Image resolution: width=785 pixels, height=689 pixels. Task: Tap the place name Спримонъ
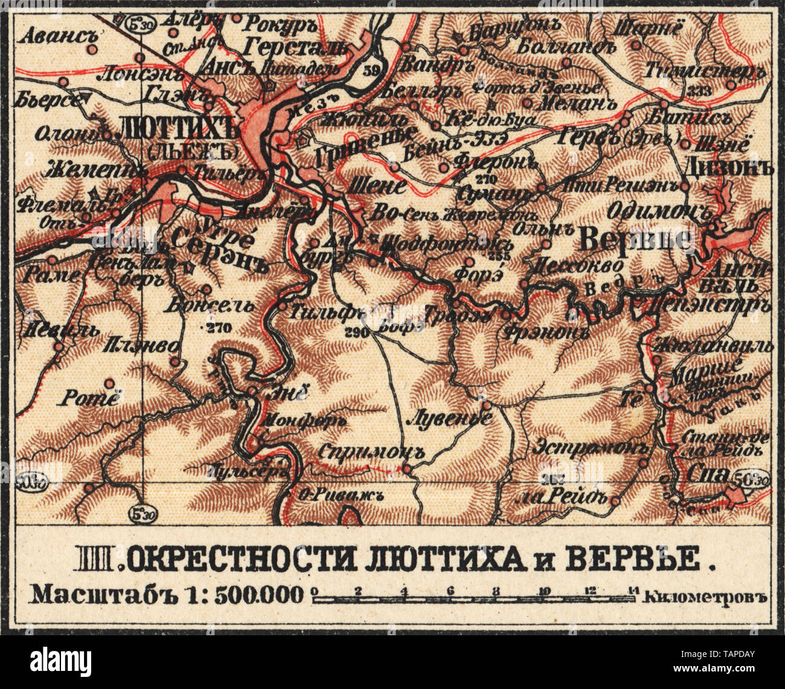(370, 451)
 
